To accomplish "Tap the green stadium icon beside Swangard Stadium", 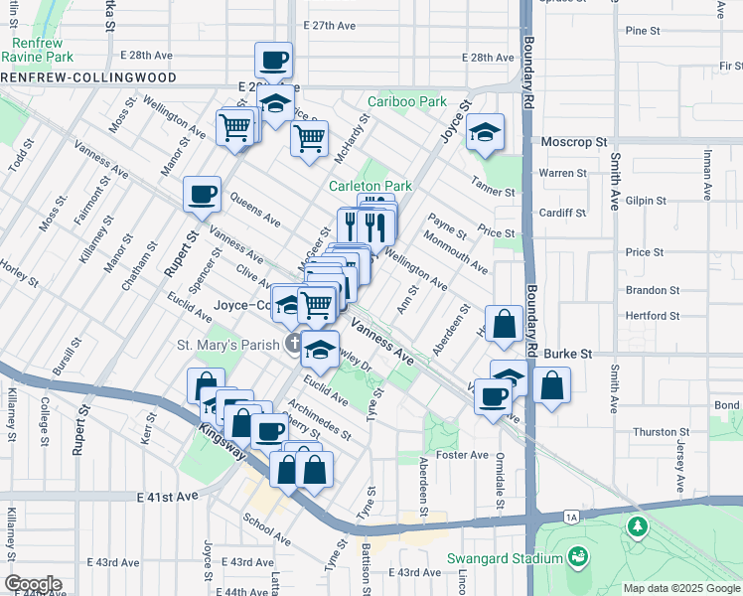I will click(x=577, y=558).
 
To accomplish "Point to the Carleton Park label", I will click(x=371, y=186).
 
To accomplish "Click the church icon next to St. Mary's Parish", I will click(x=293, y=345).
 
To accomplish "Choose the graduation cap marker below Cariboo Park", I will click(x=485, y=133).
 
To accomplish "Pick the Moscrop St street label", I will click(x=573, y=142).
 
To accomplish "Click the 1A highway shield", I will click(x=570, y=518).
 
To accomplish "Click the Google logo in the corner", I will click(x=32, y=584).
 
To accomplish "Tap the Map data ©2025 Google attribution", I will click(x=681, y=588).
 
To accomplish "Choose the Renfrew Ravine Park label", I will click(x=39, y=50).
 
